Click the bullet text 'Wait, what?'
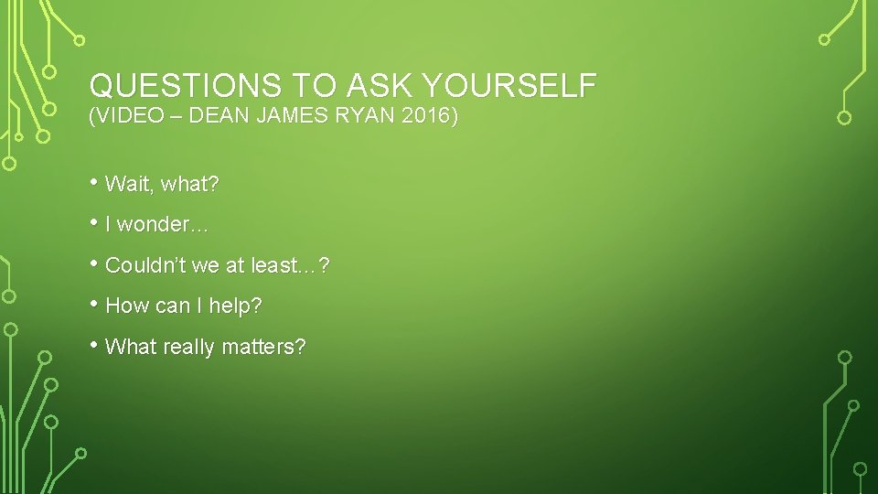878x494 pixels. pyautogui.click(x=162, y=185)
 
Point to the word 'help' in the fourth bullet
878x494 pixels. pyautogui.click(x=234, y=306)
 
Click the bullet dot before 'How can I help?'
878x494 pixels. pyautogui.click(x=95, y=304)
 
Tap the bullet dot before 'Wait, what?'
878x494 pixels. pyautogui.click(x=95, y=181)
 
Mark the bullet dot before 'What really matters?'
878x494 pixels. pyautogui.click(x=95, y=345)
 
